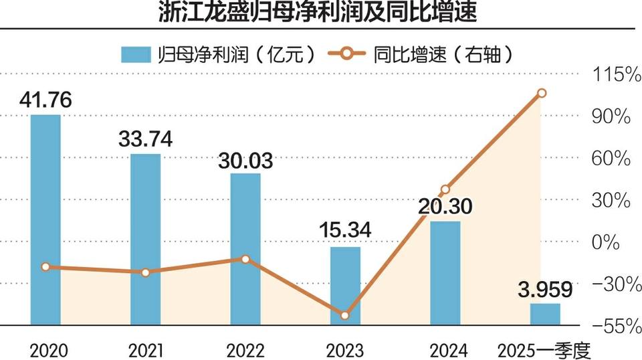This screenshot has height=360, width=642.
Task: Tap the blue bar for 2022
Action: click(x=245, y=249)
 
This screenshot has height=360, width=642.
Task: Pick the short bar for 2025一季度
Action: click(x=545, y=314)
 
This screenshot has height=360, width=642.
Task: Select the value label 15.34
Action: click(x=346, y=232)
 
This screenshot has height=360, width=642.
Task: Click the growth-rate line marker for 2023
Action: click(x=345, y=316)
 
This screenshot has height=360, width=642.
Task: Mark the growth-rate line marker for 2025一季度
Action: click(x=542, y=93)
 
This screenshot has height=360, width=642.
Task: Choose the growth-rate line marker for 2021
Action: click(x=146, y=272)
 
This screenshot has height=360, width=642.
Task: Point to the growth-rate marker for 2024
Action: click(x=445, y=189)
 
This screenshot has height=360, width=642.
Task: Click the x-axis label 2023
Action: click(x=345, y=350)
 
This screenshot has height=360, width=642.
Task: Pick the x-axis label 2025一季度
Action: click(x=546, y=350)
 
